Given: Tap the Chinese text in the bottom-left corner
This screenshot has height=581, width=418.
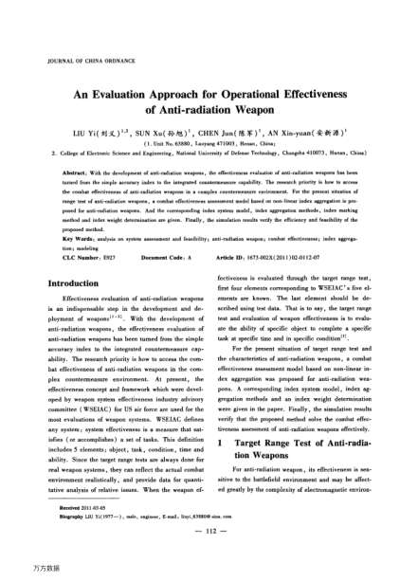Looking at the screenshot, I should point(16,572).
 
